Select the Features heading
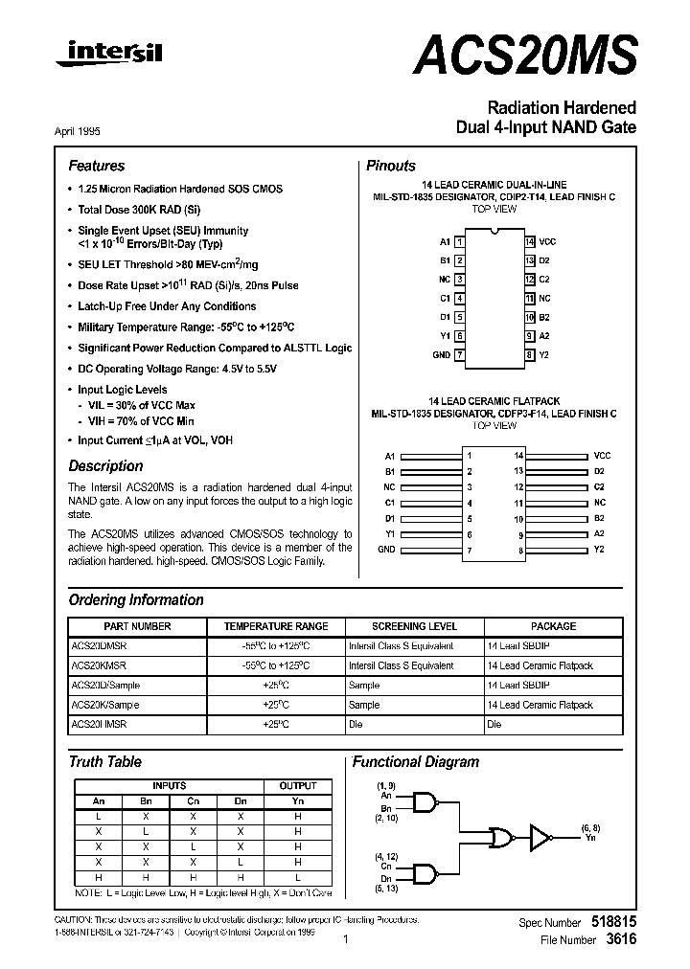[96, 166]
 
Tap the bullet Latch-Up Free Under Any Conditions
[167, 306]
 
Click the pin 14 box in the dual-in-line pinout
[529, 241]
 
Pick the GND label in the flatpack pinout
[385, 550]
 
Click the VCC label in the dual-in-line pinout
[547, 241]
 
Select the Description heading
[105, 466]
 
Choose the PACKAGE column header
[554, 626]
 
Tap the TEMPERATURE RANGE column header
[276, 626]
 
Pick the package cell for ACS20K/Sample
[540, 705]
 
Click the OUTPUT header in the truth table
[297, 785]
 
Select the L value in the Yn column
[297, 877]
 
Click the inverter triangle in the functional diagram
[542, 838]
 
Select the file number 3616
[620, 940]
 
